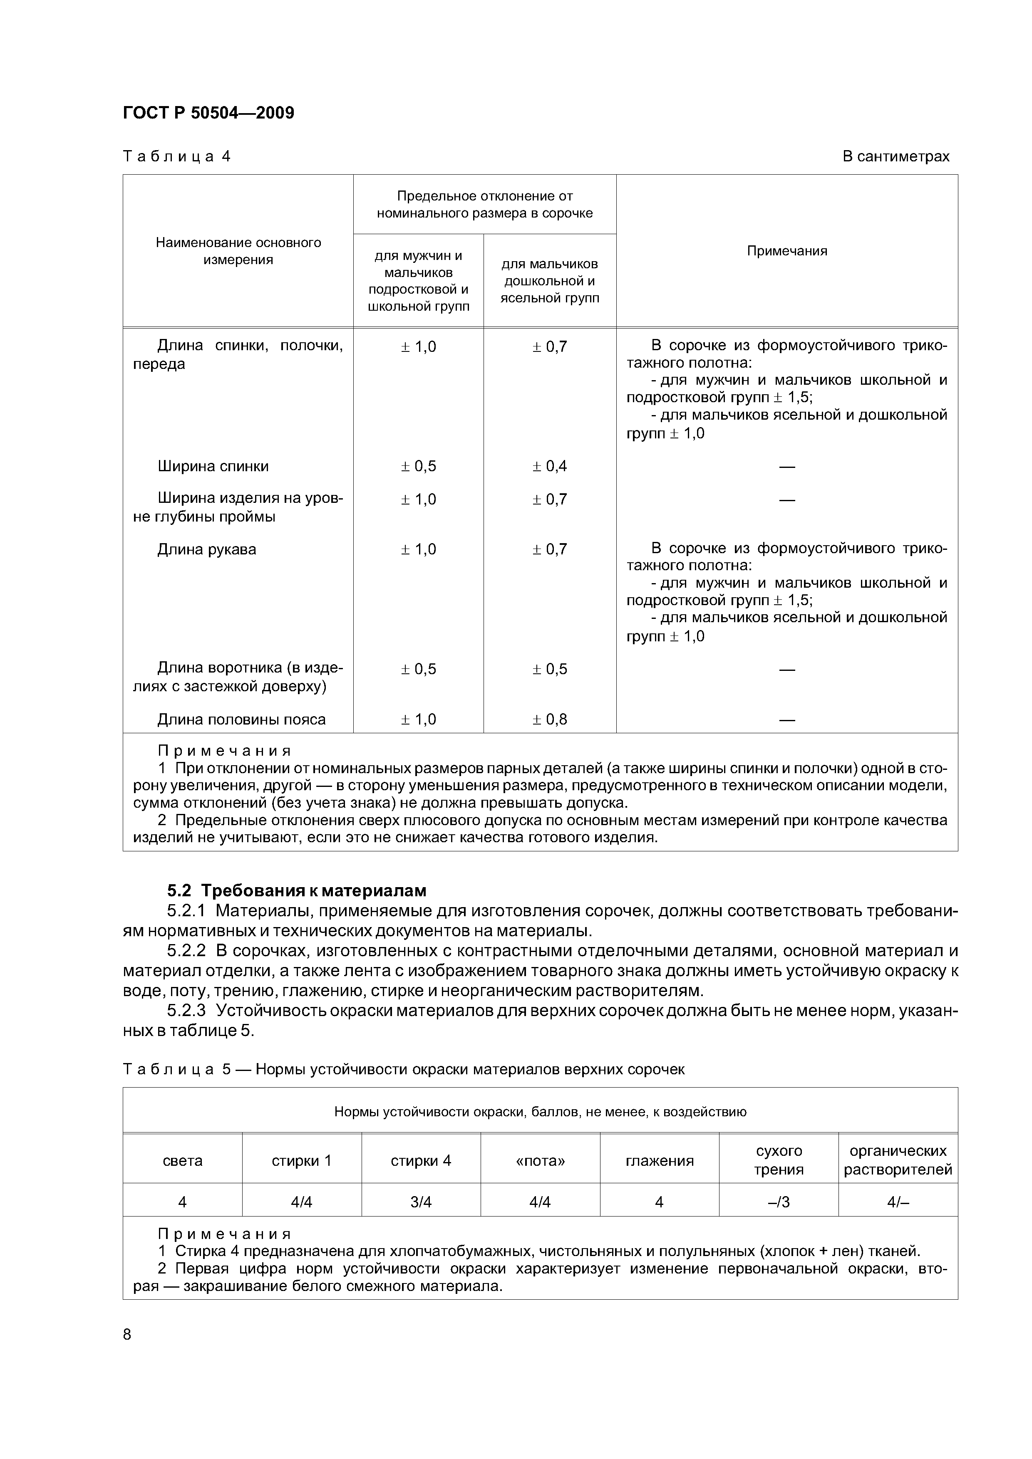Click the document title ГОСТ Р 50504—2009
(x=208, y=113)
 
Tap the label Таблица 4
(x=176, y=156)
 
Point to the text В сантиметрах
(x=895, y=156)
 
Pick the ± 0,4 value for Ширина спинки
(x=549, y=466)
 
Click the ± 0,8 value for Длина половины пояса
(x=549, y=720)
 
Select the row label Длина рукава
(x=207, y=549)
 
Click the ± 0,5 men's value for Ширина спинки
(x=418, y=466)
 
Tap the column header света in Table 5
(x=183, y=1161)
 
